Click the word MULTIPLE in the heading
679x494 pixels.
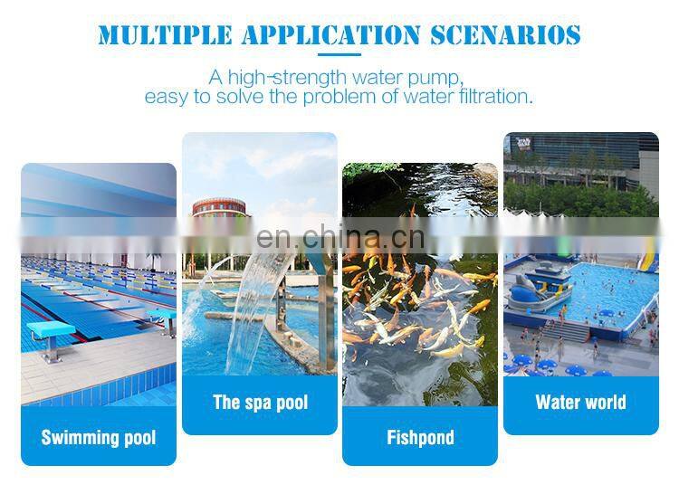tap(153, 35)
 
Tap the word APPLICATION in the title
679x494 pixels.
tap(308, 35)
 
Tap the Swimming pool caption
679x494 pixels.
tap(99, 438)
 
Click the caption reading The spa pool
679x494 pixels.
tap(260, 403)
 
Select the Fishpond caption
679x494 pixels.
tap(420, 438)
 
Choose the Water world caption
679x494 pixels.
tap(580, 403)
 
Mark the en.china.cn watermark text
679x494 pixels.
tap(339, 237)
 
